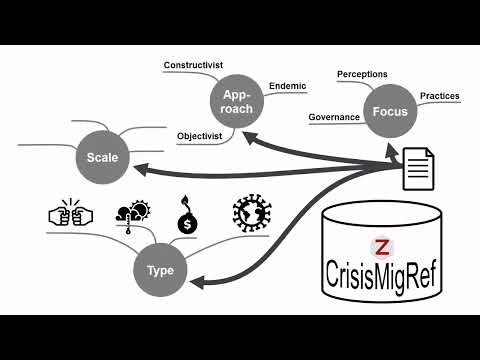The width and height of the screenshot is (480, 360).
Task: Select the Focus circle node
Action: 388,111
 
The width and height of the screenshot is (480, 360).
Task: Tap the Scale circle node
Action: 104,158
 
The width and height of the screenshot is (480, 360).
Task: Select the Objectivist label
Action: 198,135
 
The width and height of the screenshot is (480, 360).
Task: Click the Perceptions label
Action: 362,74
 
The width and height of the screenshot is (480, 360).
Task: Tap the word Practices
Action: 440,96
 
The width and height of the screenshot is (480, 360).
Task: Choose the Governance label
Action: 334,116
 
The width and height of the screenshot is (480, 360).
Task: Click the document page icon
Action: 417,168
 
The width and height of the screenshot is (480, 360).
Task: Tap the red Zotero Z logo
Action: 379,246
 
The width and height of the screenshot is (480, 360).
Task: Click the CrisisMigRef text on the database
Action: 380,273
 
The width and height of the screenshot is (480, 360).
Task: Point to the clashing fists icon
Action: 70,214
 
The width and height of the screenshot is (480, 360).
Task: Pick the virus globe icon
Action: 250,214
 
